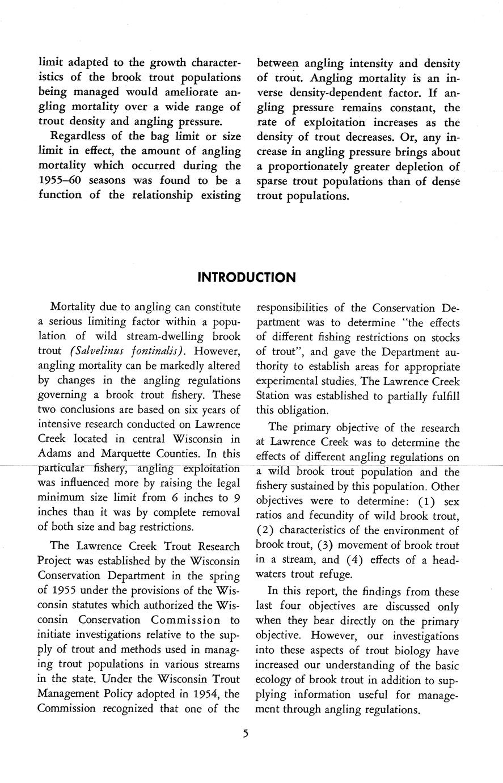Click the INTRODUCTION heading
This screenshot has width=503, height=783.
click(x=246, y=277)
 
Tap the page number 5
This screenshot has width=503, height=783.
click(x=246, y=734)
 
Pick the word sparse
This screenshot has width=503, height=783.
click(x=274, y=182)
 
